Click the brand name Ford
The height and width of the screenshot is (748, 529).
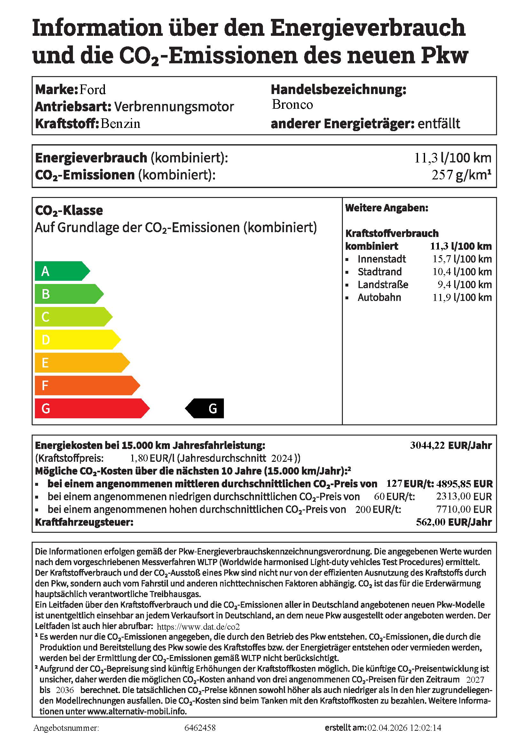92,90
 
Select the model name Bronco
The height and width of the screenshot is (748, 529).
292,105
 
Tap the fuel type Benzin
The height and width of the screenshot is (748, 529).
120,124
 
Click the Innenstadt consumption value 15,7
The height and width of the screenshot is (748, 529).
442,259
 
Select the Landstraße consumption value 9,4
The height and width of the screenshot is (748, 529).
444,285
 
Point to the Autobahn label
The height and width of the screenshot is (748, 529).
379,297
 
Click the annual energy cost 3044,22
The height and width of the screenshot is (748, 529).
427,445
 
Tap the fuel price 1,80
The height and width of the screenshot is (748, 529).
139,458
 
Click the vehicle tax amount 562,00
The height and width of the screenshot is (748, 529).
430,522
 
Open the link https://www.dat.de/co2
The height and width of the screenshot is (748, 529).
198,626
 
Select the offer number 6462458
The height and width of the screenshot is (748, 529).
200,728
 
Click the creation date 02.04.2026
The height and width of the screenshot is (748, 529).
387,728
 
